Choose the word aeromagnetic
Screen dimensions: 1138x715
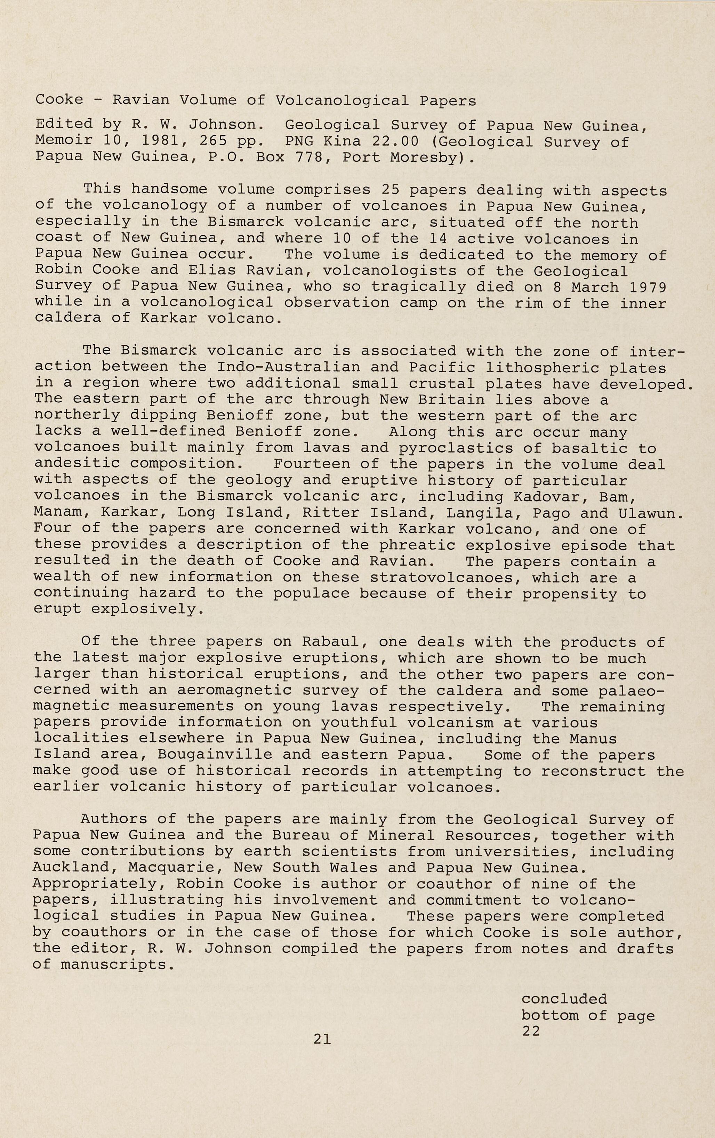(234, 691)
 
